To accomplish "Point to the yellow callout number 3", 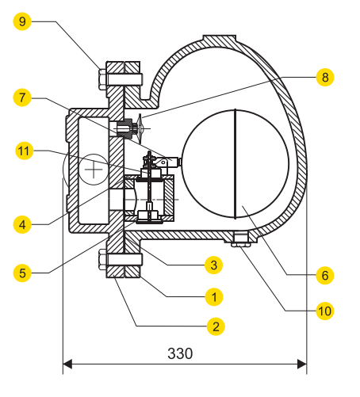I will click(212, 263).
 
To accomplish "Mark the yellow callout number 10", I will click(324, 311).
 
